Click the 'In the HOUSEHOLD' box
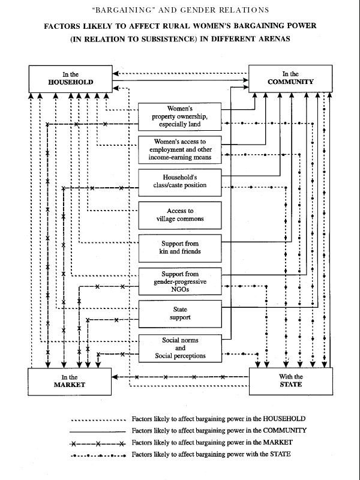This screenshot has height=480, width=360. (x=70, y=79)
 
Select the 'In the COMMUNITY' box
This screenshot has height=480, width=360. (x=290, y=79)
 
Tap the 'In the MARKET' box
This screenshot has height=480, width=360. (x=70, y=382)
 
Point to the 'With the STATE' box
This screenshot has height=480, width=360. (x=291, y=381)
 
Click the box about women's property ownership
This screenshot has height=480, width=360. (x=179, y=116)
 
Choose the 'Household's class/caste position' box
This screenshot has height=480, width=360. (x=179, y=182)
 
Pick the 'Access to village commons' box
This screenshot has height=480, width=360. (x=180, y=215)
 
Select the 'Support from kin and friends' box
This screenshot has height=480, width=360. (x=180, y=248)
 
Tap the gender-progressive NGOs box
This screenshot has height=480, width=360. (x=180, y=281)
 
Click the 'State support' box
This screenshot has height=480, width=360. (x=180, y=314)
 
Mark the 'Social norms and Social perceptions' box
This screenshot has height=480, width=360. (x=180, y=348)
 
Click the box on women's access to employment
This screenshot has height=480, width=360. (x=179, y=149)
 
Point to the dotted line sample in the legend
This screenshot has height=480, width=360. (x=98, y=420)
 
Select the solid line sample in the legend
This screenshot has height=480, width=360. (x=98, y=431)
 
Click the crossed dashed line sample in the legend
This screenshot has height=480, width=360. (x=98, y=443)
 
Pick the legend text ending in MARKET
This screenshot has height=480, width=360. (x=212, y=443)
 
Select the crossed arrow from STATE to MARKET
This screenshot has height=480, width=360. (x=181, y=377)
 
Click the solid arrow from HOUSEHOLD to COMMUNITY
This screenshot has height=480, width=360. (x=181, y=80)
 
